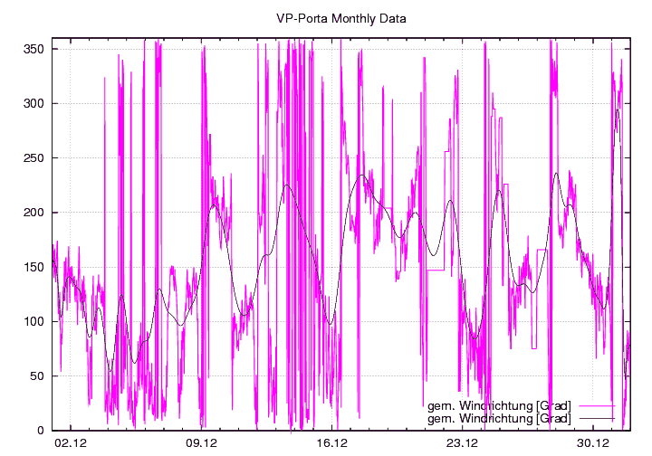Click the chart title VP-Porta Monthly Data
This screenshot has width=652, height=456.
click(328, 18)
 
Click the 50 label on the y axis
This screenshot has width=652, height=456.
click(39, 375)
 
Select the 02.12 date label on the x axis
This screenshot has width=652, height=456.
click(71, 443)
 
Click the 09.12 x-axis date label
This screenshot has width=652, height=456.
click(201, 443)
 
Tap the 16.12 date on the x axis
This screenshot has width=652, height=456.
click(332, 443)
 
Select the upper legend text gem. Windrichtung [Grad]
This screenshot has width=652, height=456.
click(498, 406)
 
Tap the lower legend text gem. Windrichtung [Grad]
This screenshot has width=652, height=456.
click(498, 418)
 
